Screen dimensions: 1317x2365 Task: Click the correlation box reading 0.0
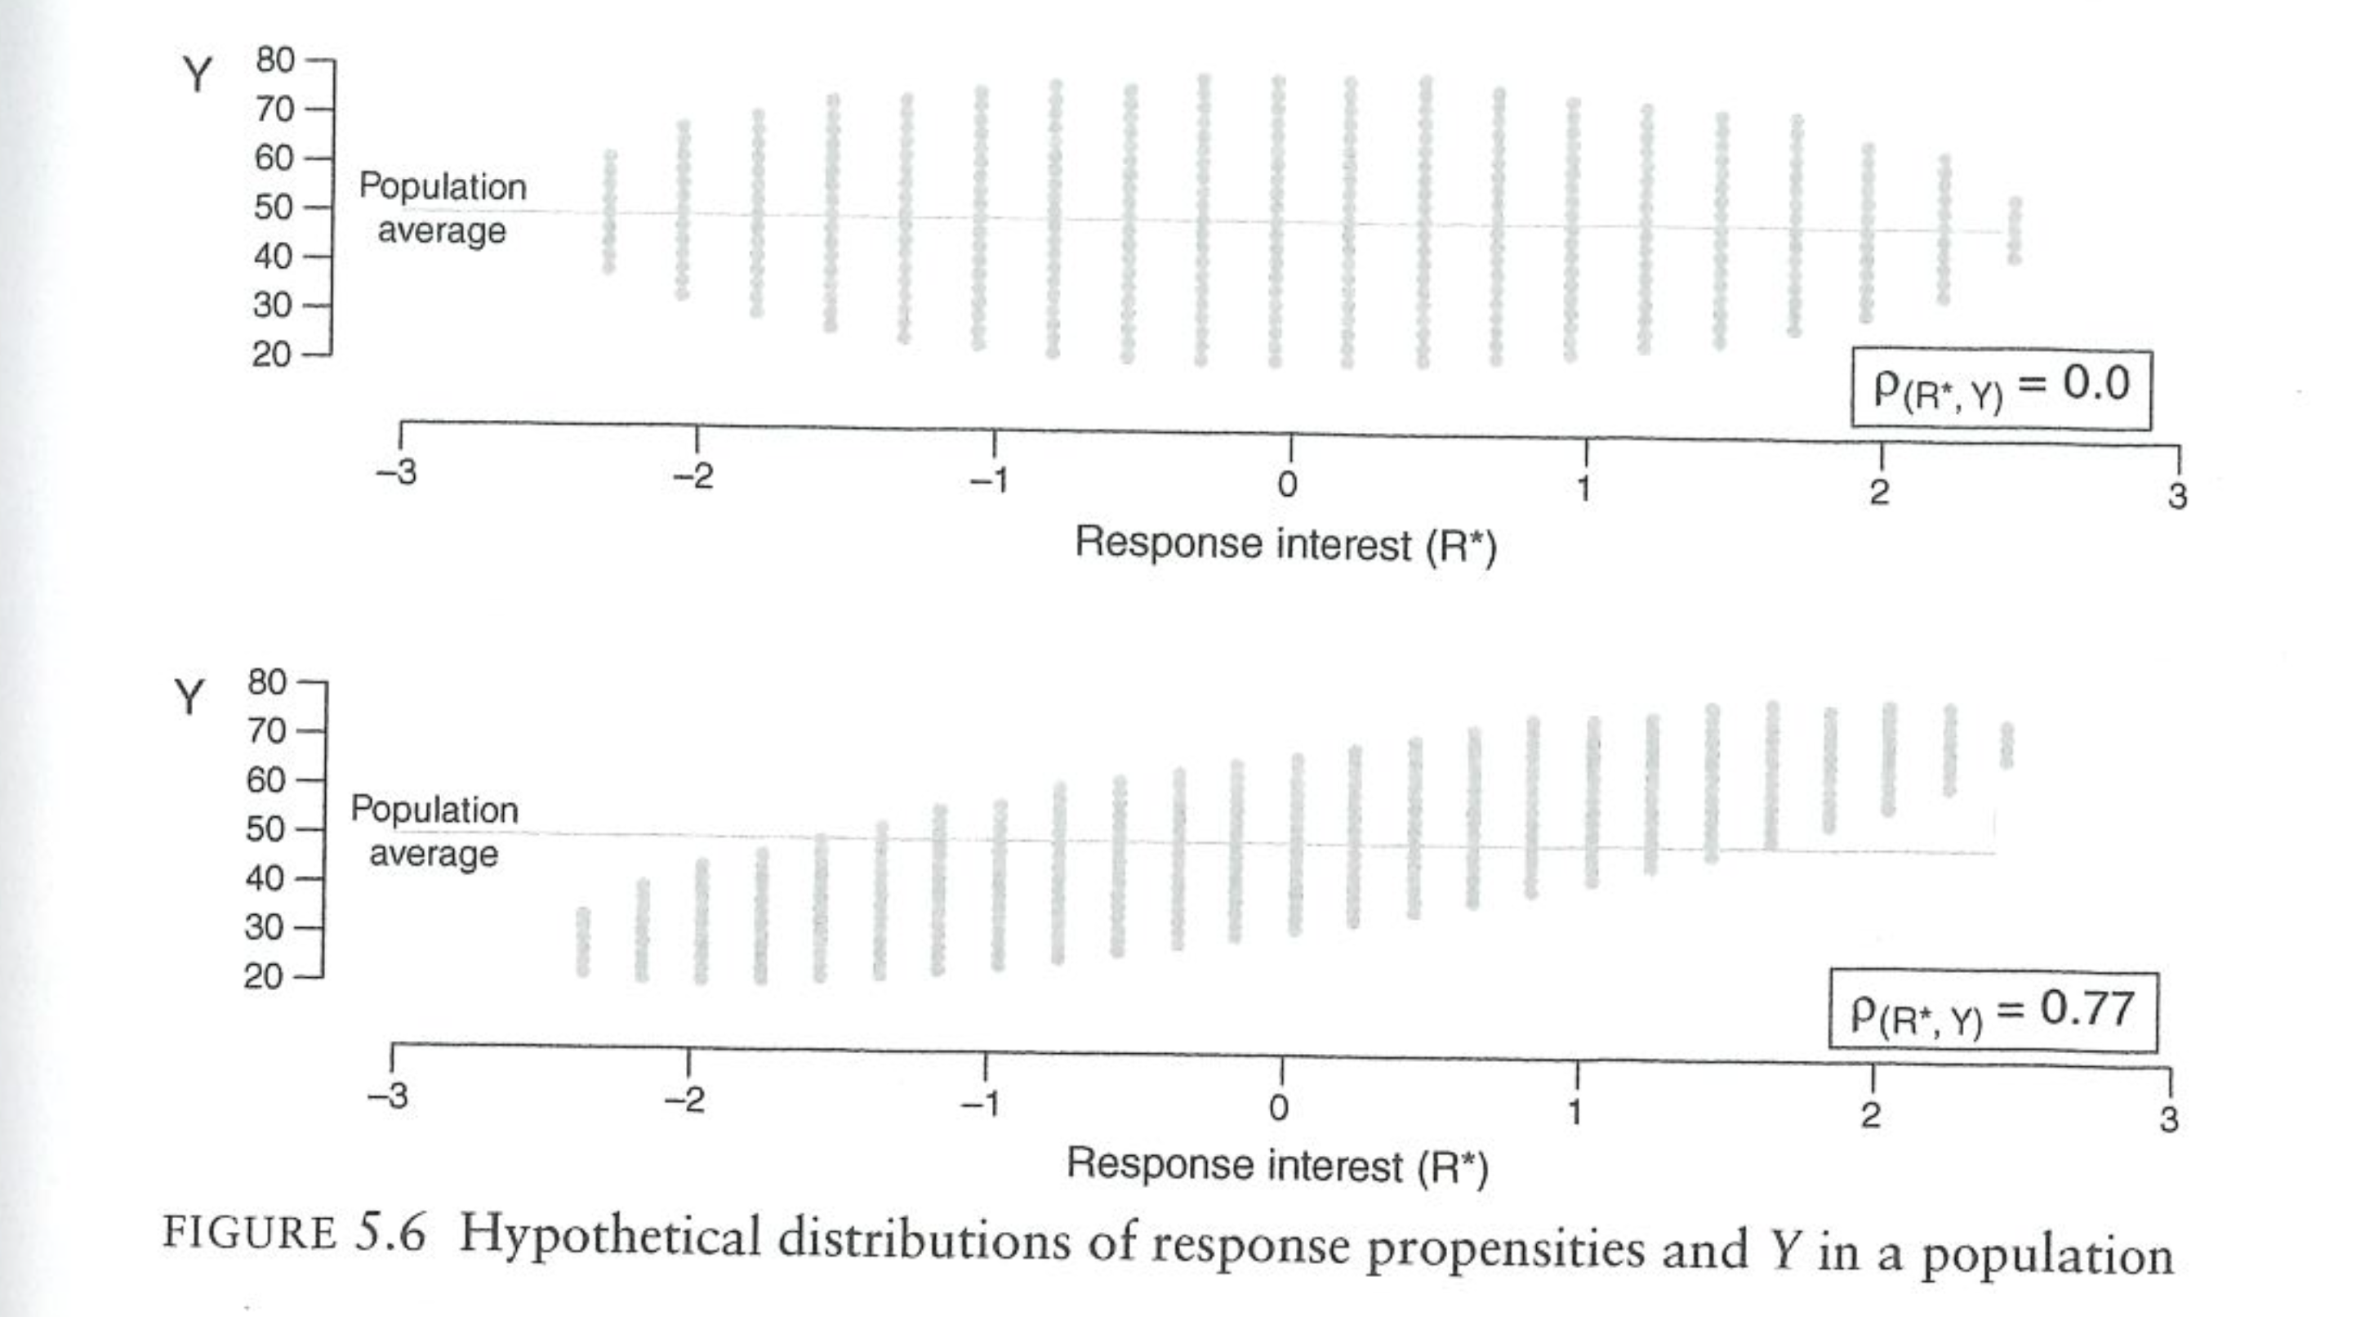point(2001,387)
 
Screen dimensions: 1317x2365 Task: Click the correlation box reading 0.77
point(1993,1011)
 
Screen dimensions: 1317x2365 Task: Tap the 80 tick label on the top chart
point(274,60)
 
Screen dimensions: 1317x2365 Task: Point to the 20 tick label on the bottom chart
point(264,976)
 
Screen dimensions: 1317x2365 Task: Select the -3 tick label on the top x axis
point(397,472)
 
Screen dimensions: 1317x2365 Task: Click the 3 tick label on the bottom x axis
point(2168,1119)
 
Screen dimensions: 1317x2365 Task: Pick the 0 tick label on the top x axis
point(1287,484)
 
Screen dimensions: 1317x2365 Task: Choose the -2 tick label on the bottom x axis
point(685,1100)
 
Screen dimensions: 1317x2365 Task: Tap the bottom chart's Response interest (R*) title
point(1277,1167)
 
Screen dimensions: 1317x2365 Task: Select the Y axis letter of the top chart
point(197,74)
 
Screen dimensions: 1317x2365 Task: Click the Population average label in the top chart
point(443,208)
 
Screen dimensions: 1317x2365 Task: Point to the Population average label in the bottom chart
point(434,832)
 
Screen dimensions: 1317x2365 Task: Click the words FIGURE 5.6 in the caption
point(294,1234)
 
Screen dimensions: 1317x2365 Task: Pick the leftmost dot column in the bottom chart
point(583,941)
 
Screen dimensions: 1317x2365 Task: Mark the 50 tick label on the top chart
point(274,208)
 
